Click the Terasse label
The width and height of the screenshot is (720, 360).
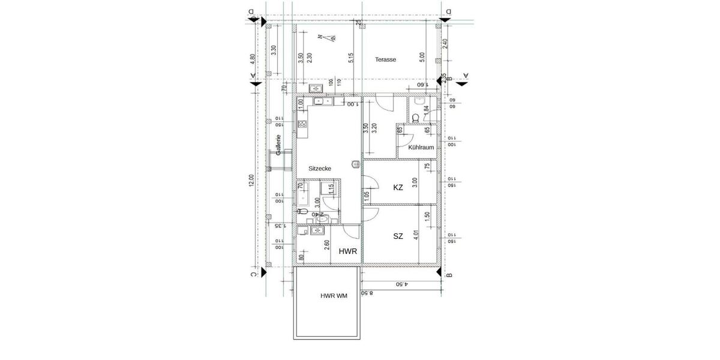click(386, 59)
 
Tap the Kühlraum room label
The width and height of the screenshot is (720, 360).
click(421, 147)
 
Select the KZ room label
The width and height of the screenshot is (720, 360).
click(398, 187)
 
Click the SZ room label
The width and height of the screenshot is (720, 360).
click(398, 236)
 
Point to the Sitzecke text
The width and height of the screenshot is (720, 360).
click(320, 169)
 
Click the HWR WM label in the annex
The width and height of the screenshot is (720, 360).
click(334, 296)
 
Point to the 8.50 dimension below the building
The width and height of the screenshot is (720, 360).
click(367, 293)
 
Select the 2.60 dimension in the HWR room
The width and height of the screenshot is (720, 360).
click(326, 245)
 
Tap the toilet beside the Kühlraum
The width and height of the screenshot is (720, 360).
click(416, 118)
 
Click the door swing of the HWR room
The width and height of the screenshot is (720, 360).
click(352, 234)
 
